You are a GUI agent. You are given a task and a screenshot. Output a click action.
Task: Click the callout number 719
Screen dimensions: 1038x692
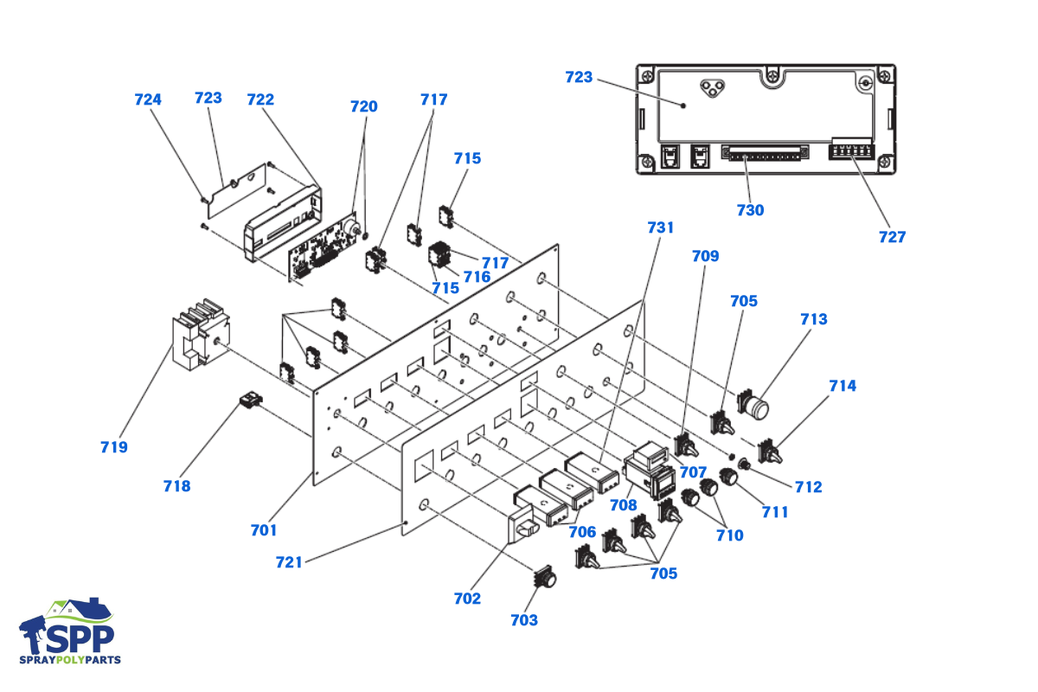(x=114, y=447)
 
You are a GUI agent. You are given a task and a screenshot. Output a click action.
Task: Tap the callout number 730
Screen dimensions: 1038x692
(x=750, y=210)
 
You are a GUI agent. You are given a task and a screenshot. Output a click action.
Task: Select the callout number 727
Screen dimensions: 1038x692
(x=892, y=237)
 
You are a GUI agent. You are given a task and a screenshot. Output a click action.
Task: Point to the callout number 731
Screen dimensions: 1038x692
(x=660, y=227)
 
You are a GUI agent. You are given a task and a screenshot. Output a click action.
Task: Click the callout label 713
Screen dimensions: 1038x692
(x=814, y=319)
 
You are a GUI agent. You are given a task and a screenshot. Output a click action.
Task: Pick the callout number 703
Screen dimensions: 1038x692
(x=524, y=620)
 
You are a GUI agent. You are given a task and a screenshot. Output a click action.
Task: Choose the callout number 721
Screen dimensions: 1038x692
(x=289, y=562)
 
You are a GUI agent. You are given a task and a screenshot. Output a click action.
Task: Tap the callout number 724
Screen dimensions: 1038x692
(x=148, y=99)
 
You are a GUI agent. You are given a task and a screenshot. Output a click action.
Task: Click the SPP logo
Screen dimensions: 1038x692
(x=69, y=631)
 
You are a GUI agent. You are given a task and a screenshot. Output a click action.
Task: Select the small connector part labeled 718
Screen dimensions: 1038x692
(x=251, y=400)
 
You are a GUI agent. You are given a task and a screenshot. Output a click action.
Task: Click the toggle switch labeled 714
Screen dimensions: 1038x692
(x=770, y=452)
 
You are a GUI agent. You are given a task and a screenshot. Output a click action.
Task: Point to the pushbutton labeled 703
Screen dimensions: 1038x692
(x=545, y=577)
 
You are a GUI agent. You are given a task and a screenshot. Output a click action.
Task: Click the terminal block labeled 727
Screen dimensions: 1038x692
(x=851, y=150)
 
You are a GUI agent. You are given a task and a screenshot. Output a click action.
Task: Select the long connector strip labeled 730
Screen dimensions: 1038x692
(x=765, y=153)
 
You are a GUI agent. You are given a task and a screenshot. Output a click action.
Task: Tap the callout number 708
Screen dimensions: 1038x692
(x=624, y=505)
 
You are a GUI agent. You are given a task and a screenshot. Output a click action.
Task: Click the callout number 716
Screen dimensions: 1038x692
(x=477, y=277)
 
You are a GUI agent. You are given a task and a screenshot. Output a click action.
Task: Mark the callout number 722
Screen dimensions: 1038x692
(x=260, y=99)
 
